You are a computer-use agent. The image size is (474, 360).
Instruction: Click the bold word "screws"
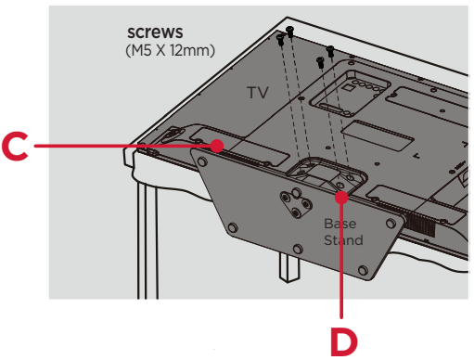(155, 32)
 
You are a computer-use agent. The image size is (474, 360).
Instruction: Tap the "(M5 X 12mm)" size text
(170, 50)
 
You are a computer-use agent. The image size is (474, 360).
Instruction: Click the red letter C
(15, 146)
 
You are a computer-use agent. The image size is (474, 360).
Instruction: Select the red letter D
(344, 341)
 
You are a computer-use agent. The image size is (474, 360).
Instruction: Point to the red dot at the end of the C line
(217, 146)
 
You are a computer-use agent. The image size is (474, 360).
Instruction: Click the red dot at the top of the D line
(341, 198)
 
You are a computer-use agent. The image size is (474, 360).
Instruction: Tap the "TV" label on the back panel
(258, 93)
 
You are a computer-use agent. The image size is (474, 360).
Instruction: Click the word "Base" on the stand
(340, 224)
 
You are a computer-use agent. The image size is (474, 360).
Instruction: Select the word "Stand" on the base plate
(343, 240)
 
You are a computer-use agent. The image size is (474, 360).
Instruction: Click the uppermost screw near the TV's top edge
(289, 32)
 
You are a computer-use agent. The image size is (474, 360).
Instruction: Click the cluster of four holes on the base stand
(296, 202)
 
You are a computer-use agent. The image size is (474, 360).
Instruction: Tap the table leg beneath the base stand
(289, 266)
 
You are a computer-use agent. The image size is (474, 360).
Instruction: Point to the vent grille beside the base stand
(420, 224)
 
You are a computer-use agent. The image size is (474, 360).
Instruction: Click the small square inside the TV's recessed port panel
(349, 87)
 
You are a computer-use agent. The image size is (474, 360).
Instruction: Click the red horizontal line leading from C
(122, 146)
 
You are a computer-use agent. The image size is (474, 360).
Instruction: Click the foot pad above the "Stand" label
(391, 224)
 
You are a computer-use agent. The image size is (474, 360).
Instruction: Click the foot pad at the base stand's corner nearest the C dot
(201, 161)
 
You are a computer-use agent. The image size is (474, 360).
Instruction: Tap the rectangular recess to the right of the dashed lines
(378, 135)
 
